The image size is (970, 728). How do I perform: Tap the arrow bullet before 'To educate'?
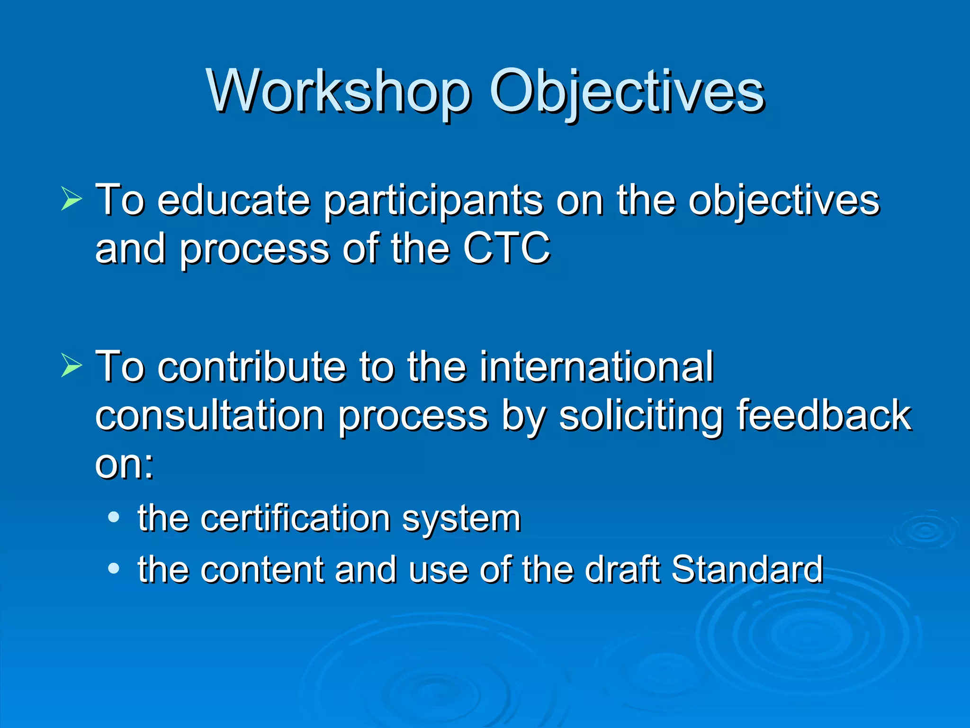(x=72, y=199)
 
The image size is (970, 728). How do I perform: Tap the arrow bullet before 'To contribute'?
(x=72, y=366)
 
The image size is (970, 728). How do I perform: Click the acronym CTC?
(x=506, y=248)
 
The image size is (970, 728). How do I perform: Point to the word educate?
(x=234, y=200)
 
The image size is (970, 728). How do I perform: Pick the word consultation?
(x=210, y=415)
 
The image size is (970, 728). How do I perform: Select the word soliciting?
(x=640, y=416)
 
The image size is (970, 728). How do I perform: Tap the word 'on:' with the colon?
(x=125, y=464)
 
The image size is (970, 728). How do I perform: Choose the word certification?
(x=295, y=518)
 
